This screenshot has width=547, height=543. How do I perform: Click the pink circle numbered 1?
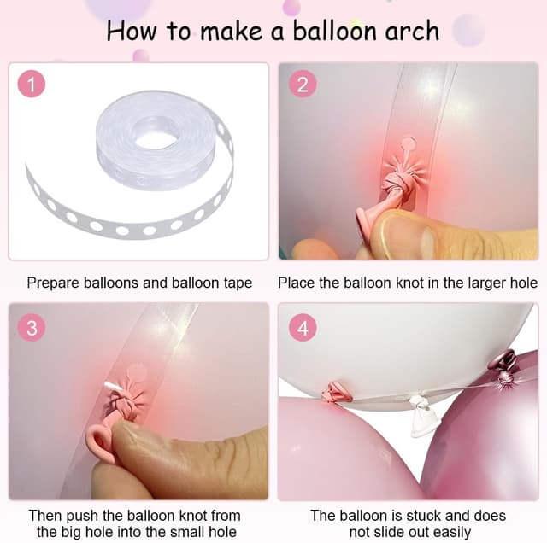click(32, 85)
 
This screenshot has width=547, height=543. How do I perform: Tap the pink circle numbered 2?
click(303, 85)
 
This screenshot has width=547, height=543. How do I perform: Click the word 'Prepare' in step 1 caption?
click(53, 283)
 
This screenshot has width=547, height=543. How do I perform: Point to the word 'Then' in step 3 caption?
click(45, 516)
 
